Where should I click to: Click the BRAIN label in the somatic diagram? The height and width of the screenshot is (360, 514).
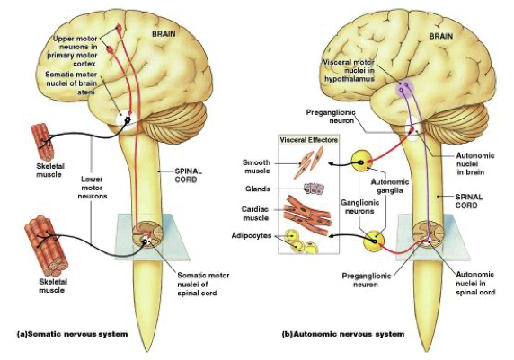click(164, 34)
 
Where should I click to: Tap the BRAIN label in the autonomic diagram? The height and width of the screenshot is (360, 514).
click(441, 36)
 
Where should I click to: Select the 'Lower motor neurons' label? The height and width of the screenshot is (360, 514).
click(93, 188)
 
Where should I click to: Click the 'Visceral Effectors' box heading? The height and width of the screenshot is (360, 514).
click(308, 140)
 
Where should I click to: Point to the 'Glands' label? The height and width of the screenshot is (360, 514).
click(258, 189)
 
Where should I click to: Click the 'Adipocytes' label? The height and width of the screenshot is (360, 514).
click(252, 235)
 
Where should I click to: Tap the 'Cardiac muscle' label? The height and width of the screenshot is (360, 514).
click(254, 214)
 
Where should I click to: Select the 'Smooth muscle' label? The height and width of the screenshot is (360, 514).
click(257, 166)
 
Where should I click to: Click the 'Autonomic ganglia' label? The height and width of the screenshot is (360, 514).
click(389, 186)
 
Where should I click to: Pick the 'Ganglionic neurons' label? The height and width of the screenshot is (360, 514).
click(359, 206)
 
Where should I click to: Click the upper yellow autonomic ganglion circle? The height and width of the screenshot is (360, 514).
click(362, 161)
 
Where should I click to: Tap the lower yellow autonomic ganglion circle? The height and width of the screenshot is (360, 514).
click(374, 241)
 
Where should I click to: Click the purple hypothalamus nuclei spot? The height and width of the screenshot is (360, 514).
click(404, 87)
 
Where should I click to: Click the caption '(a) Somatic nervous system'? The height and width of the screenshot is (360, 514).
click(72, 334)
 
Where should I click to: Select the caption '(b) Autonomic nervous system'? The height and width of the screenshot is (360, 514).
click(343, 334)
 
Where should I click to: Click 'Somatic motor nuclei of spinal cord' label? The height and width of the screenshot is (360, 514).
click(203, 284)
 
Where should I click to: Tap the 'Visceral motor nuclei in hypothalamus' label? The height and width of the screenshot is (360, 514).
click(349, 70)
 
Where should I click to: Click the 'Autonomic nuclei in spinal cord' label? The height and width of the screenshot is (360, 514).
click(475, 283)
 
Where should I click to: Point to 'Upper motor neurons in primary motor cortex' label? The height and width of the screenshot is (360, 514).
click(74, 51)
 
